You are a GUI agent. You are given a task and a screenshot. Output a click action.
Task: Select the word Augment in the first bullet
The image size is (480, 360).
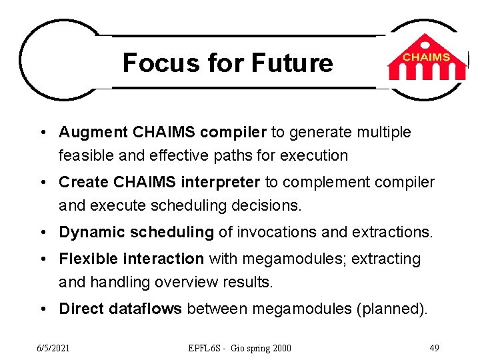tap(90, 133)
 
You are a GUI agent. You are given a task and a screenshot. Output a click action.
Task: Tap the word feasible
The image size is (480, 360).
tap(83, 155)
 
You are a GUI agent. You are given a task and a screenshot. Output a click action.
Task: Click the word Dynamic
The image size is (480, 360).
tap(87, 232)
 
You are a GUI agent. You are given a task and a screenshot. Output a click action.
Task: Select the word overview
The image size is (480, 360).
tap(183, 282)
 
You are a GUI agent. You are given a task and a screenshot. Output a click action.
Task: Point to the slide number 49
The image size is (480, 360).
tap(433, 348)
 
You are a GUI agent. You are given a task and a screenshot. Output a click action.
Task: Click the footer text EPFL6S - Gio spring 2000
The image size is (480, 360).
tap(239, 348)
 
